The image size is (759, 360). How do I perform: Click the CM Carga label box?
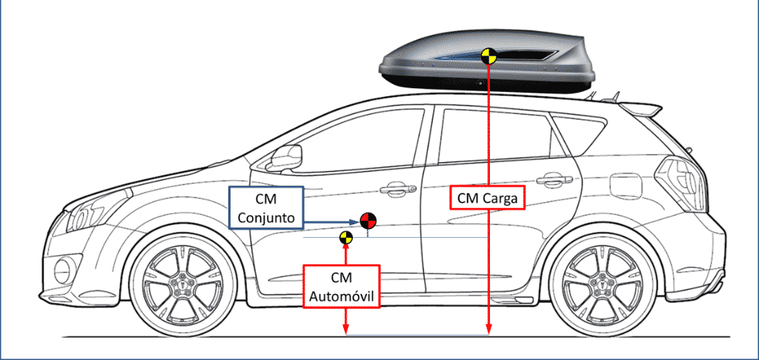(x=488, y=198)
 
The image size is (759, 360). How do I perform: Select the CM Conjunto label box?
(x=266, y=208)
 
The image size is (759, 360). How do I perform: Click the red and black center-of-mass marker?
(x=368, y=220)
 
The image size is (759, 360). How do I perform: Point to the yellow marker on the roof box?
(x=488, y=56)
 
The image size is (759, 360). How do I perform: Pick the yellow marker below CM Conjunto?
(x=345, y=238)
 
